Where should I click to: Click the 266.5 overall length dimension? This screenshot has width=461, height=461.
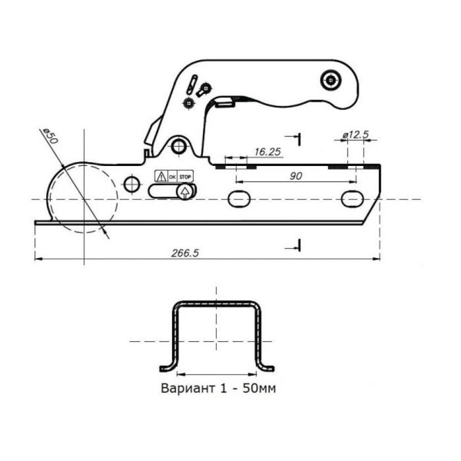pyautogui.click(x=185, y=253)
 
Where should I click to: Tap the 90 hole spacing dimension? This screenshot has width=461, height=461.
pyautogui.click(x=296, y=176)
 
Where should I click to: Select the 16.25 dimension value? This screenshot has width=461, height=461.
pyautogui.click(x=267, y=151)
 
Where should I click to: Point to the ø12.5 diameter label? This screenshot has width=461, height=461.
pyautogui.click(x=356, y=134)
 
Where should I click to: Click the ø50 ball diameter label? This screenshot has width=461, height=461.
pyautogui.click(x=50, y=136)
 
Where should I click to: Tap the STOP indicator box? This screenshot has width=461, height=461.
pyautogui.click(x=185, y=176)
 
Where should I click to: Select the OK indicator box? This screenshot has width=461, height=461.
pyautogui.click(x=173, y=176)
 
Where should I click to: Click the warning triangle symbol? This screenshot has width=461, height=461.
pyautogui.click(x=161, y=176)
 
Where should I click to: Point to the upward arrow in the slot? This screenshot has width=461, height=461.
pyautogui.click(x=184, y=192)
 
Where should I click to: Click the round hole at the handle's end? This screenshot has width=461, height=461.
pyautogui.click(x=331, y=80)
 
